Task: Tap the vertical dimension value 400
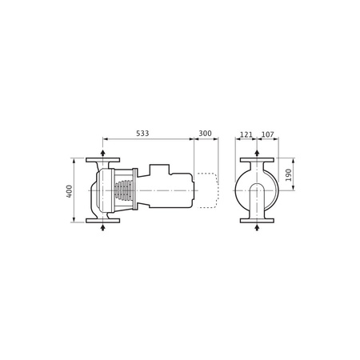point(70,191)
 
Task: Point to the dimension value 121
point(246,133)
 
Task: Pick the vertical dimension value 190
point(290,174)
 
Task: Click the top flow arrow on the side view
point(102,152)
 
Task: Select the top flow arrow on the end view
point(256,152)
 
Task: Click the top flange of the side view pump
point(102,160)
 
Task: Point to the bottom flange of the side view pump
point(102,221)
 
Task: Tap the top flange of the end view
point(256,160)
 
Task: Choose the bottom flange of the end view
point(256,221)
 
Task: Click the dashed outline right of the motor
point(207,190)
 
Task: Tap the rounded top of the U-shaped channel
point(256,186)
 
